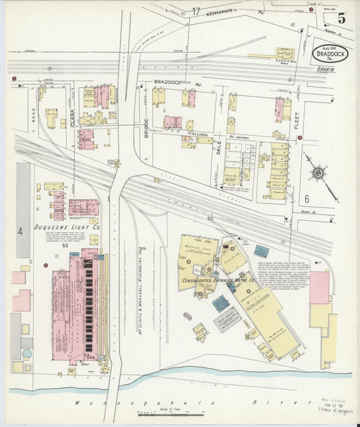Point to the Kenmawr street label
click(x=224, y=11)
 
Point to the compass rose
click(x=316, y=172)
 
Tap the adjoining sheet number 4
click(x=20, y=230)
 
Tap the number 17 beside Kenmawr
click(x=196, y=11)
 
